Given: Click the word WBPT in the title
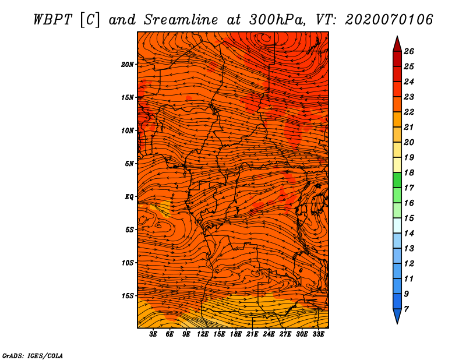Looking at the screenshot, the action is tap(52, 20).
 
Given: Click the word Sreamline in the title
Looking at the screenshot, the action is tap(181, 20).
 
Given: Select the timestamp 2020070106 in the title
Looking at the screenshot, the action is tap(389, 20).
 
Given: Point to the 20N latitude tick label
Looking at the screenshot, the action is tap(127, 65).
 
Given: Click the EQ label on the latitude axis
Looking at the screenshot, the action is tap(129, 197).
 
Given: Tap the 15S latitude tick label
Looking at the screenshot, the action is tap(128, 296).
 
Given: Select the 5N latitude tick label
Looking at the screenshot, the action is tap(129, 164).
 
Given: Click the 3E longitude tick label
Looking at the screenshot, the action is tap(153, 334).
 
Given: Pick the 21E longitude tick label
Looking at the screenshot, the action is tap(252, 334).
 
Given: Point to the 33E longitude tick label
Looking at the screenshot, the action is tap(318, 334).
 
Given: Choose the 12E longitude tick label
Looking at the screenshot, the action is tap(202, 334).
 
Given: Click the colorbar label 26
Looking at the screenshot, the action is tap(409, 51).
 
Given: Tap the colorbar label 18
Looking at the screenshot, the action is tap(409, 172).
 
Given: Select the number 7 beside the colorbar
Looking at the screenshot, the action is tap(406, 309).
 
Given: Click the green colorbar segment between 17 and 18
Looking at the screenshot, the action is tap(397, 180).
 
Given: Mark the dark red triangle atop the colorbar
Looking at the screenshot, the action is tap(397, 44).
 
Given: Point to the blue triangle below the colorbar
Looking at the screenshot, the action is tap(397, 316).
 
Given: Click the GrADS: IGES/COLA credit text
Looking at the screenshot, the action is tap(33, 355).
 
